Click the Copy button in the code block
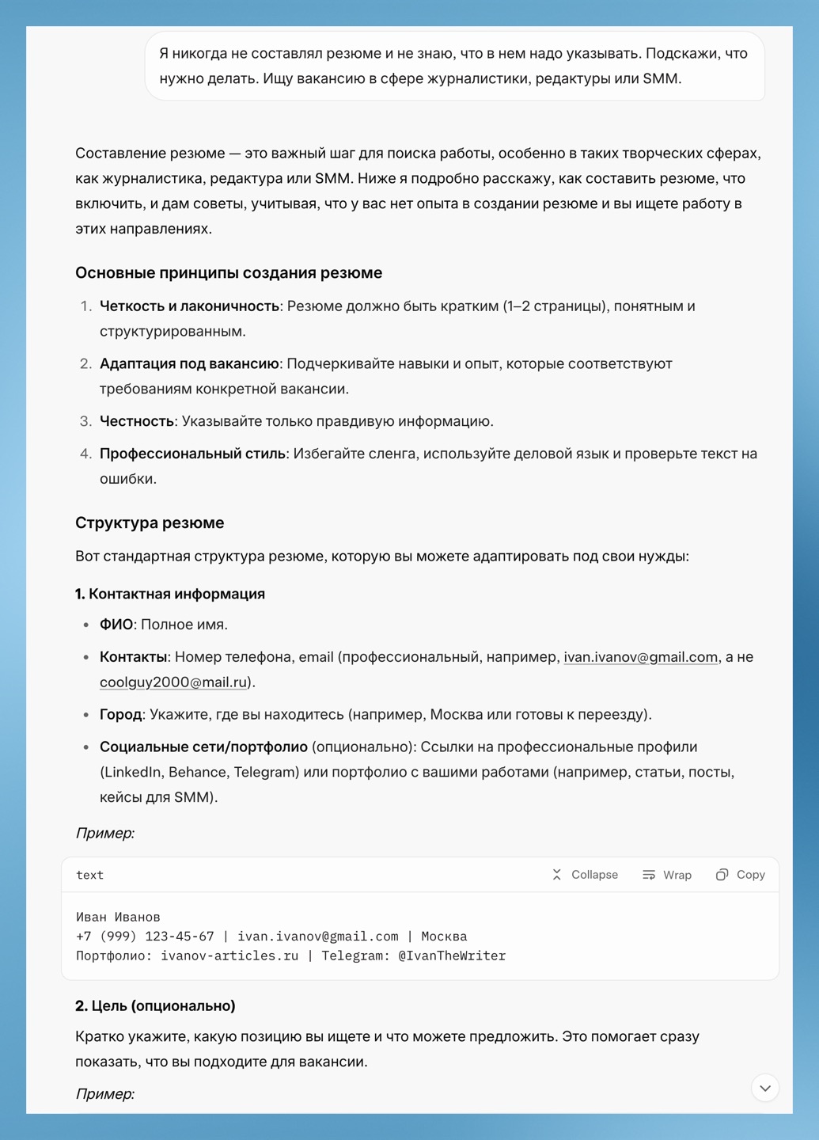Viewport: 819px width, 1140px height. (741, 875)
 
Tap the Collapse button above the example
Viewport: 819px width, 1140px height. (585, 875)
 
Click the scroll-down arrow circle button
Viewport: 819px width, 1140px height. (765, 1088)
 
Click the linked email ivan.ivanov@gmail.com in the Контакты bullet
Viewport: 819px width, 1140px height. (640, 657)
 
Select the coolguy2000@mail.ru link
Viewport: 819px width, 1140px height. (173, 682)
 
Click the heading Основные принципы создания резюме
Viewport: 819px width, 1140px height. (229, 273)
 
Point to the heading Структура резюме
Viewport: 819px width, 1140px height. (150, 522)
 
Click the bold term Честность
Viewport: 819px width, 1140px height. (137, 421)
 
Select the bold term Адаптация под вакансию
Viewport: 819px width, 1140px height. (189, 364)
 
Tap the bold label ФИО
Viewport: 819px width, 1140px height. (116, 625)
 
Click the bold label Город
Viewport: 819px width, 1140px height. (120, 715)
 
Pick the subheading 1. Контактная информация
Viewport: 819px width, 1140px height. (170, 594)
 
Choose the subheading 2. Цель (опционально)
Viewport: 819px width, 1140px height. (156, 1005)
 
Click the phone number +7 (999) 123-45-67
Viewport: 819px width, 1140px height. (145, 937)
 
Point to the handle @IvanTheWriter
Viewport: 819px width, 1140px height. (452, 956)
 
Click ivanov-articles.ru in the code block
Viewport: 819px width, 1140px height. (229, 956)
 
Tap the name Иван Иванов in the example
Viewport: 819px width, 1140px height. (118, 917)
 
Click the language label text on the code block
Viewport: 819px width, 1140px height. (89, 875)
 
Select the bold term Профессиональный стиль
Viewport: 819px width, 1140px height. (192, 454)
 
